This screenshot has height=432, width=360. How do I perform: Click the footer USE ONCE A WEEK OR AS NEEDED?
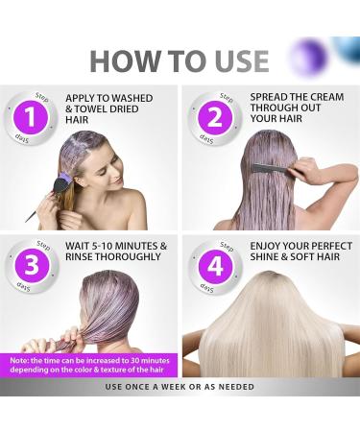180,386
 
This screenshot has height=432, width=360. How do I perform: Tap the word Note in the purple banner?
21,360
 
